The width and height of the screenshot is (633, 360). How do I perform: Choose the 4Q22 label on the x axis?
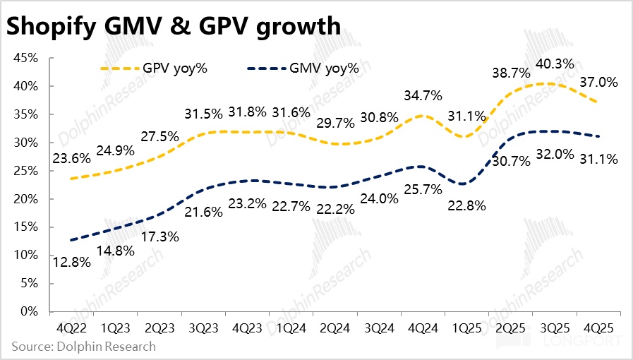[71, 329]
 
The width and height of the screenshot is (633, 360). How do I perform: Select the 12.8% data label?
[71, 263]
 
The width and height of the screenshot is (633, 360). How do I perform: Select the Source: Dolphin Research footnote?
[83, 347]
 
